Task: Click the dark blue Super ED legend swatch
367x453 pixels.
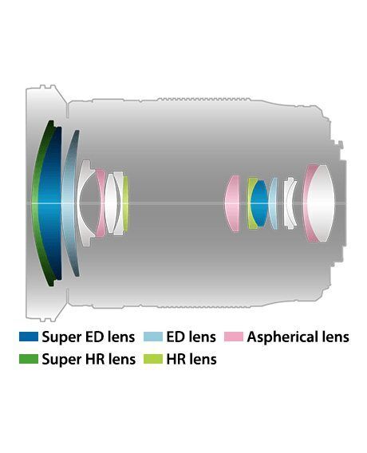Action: click(28, 337)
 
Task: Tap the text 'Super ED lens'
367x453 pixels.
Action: click(89, 337)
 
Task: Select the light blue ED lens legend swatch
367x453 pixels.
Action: click(153, 337)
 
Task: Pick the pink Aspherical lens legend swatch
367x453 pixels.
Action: click(234, 337)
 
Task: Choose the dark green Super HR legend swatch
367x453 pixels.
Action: click(28, 359)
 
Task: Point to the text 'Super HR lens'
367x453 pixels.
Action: click(89, 359)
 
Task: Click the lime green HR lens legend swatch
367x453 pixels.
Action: click(153, 359)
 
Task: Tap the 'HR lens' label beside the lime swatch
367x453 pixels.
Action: click(191, 359)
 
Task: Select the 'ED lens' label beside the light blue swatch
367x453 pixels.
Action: click(191, 337)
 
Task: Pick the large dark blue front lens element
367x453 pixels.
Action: click(50, 203)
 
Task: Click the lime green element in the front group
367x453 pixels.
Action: click(126, 203)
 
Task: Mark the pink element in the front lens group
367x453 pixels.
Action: click(101, 203)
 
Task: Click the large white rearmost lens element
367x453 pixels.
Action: click(322, 203)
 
